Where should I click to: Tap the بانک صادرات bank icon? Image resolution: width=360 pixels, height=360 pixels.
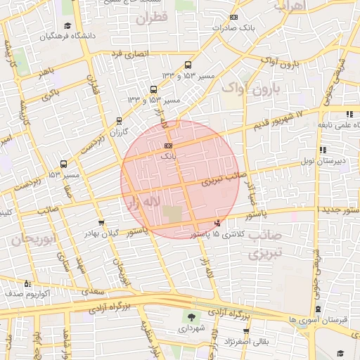coord(234,18)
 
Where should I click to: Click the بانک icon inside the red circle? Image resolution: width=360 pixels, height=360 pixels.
coord(167,145)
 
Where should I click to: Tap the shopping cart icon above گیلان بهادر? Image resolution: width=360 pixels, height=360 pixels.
coord(102,223)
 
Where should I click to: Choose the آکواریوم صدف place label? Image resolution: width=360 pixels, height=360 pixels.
coord(26,294)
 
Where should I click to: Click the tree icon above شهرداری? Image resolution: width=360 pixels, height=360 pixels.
coord(191,317)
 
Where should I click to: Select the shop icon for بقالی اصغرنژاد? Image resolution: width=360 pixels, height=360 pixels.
coord(247,331)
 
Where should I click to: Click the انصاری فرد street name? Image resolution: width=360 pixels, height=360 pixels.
coord(129,53)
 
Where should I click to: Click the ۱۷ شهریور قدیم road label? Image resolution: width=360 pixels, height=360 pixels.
coord(276,119)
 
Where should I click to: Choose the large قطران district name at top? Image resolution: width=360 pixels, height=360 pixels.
coord(154,19)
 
